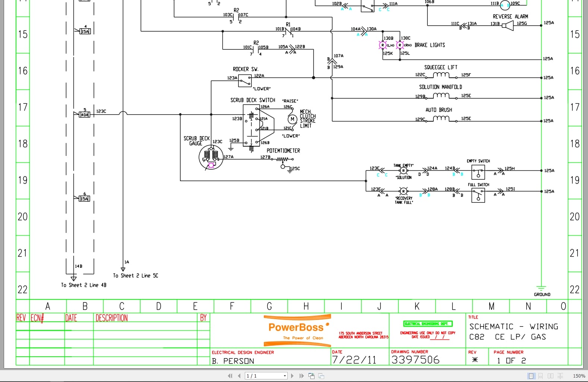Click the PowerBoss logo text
pos(296,327)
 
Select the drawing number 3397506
pos(415,360)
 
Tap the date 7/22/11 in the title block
pos(354,360)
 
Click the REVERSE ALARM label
pos(510,17)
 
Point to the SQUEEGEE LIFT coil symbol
pos(441,75)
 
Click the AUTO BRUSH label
pos(439,110)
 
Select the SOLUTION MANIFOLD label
pos(440,87)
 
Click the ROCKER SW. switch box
pos(245,81)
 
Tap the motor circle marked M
pos(292,119)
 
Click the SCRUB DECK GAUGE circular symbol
pos(211,157)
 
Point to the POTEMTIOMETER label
pos(283,151)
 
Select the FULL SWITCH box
pos(478,195)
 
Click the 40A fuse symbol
pos(85,115)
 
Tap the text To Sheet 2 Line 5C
pos(136,276)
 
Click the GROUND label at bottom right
pos(542,295)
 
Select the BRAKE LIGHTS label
pos(430,45)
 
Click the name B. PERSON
pos(233,361)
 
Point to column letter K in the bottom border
pos(417,306)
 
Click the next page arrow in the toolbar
pos(292,376)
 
